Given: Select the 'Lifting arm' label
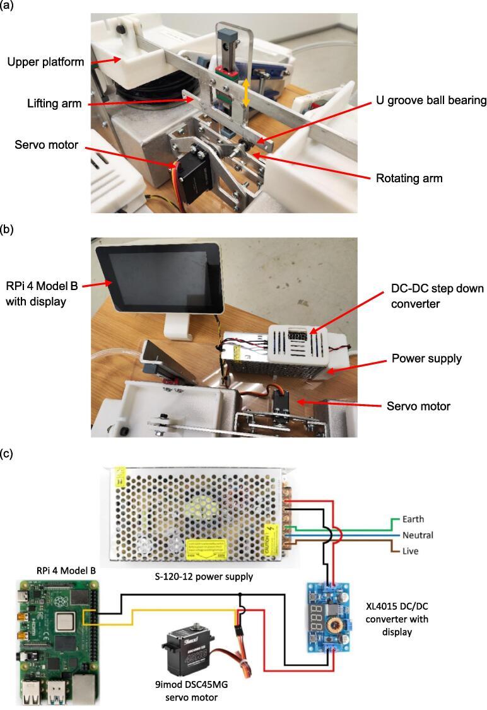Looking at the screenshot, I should coord(54,103).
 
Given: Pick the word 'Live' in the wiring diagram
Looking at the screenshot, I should coord(404,550).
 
